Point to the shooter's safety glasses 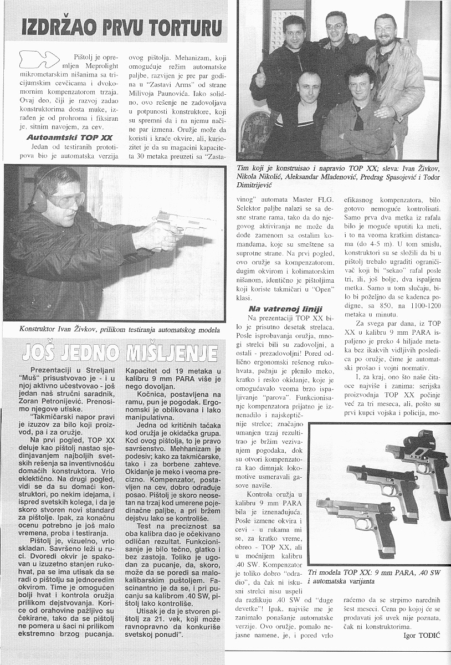[70, 198]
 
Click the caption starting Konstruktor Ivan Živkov [119, 329]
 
